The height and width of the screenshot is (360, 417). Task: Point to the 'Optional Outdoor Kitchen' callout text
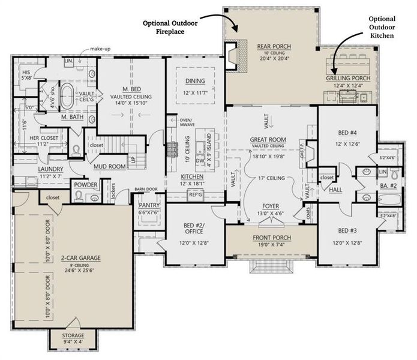click(382, 28)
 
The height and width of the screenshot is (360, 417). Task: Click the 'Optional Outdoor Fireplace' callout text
click(170, 28)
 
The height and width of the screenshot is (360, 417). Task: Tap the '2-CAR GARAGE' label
click(80, 257)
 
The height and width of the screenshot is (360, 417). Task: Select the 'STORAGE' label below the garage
click(73, 335)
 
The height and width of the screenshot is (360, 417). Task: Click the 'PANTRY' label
click(148, 205)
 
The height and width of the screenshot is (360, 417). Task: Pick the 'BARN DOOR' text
click(145, 188)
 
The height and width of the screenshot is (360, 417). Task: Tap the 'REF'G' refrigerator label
click(195, 194)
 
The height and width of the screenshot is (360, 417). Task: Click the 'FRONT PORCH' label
click(271, 237)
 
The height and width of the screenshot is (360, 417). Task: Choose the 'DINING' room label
click(195, 82)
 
